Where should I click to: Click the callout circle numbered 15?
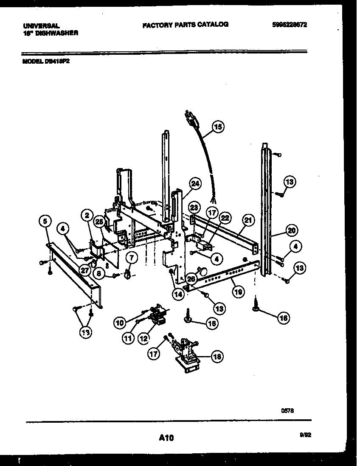pos(218,126)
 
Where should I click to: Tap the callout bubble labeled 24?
pos(195,184)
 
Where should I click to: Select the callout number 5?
pos(45,220)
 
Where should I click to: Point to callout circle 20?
pos(291,231)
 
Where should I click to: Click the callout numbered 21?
pos(248,220)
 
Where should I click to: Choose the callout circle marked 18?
pos(217,357)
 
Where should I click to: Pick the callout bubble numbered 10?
pos(120,323)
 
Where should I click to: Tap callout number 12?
pos(143,338)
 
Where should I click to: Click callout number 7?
pos(131,257)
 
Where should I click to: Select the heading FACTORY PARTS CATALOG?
pos(186,25)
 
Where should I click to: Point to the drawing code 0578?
pos(287,410)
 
